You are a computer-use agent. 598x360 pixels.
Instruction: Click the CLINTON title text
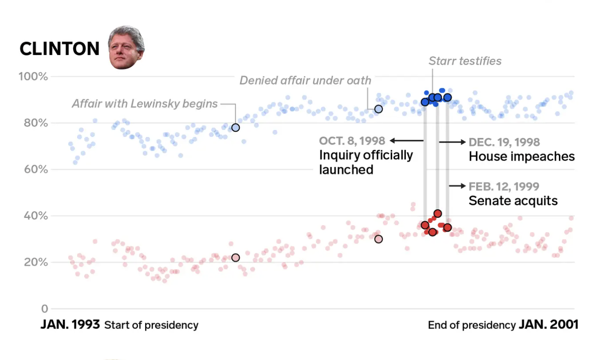tap(59, 49)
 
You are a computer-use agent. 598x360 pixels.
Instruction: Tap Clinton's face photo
tap(126, 47)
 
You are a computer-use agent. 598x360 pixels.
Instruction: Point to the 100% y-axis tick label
tap(33, 77)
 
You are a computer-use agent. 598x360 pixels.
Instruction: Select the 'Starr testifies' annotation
tap(465, 61)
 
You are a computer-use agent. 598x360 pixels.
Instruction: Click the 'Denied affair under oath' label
tap(305, 80)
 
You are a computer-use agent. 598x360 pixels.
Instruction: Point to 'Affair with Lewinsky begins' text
tap(145, 104)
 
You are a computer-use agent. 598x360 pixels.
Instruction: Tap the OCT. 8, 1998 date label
tap(352, 141)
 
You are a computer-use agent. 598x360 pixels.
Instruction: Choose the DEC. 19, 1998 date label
tap(504, 142)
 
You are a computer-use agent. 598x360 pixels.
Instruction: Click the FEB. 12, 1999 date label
tap(504, 186)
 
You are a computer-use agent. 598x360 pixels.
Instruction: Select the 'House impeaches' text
tap(522, 157)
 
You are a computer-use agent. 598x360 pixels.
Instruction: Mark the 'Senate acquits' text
tap(513, 201)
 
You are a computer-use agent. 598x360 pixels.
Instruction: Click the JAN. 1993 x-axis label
tap(70, 325)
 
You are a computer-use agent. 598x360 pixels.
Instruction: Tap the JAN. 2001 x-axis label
tap(548, 325)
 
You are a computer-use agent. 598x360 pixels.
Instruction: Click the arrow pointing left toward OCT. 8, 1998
tap(406, 141)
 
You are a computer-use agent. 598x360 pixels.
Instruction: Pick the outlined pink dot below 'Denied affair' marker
tap(378, 239)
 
